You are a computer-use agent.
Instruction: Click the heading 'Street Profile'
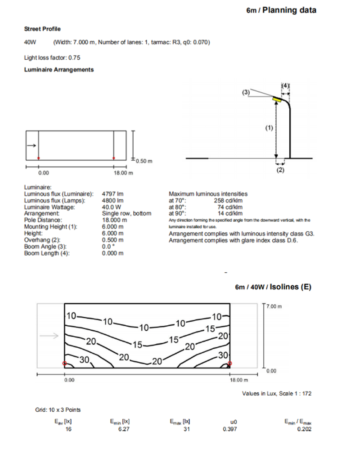[x=42, y=29]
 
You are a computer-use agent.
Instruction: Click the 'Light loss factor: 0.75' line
[x=52, y=58]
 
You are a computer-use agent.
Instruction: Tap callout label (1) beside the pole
[x=269, y=128]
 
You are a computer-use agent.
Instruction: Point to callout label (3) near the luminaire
[x=246, y=92]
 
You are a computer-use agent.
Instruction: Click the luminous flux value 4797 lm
[x=110, y=194]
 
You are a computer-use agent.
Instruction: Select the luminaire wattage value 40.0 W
[x=112, y=207]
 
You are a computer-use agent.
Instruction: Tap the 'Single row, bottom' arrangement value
[x=126, y=213]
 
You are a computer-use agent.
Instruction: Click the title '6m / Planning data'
[x=281, y=10]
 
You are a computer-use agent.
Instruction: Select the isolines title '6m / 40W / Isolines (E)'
[x=273, y=287]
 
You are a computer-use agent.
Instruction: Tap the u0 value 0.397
[x=229, y=429]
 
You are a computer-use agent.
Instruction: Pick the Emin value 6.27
[x=120, y=429]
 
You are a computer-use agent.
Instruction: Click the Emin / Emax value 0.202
[x=304, y=429]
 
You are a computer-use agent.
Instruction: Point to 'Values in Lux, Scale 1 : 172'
[x=277, y=393]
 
